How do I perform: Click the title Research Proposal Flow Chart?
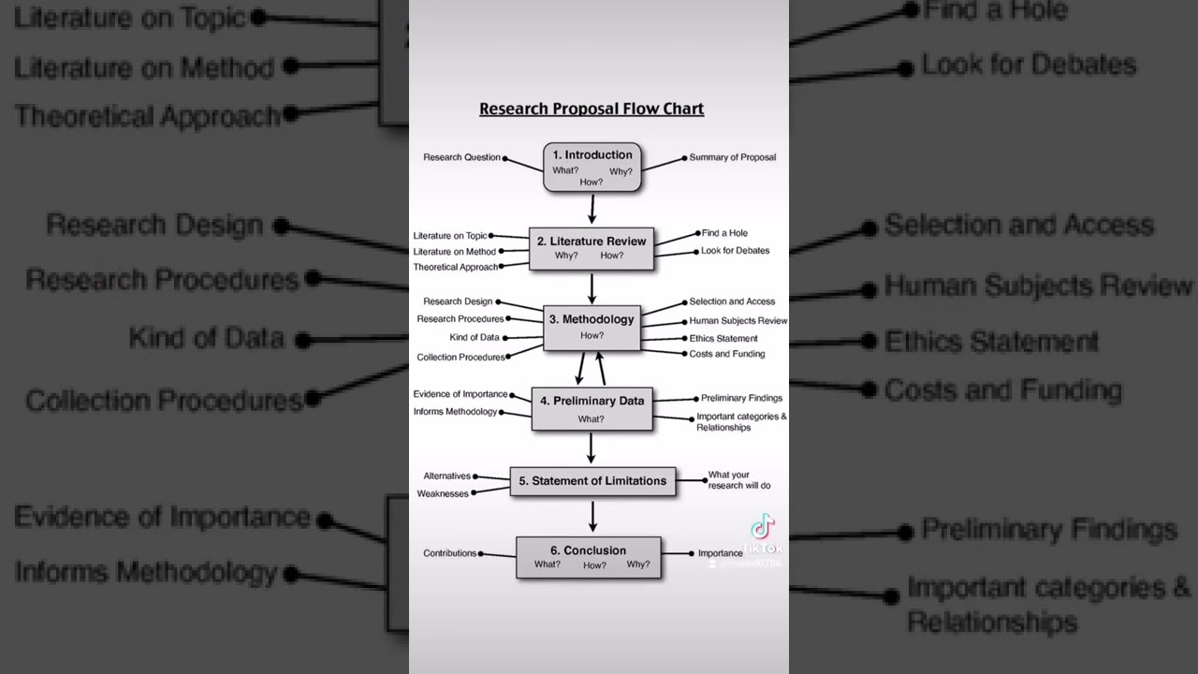click(592, 109)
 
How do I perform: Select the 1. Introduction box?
click(592, 167)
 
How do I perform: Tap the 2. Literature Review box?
click(592, 248)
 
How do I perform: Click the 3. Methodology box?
click(592, 327)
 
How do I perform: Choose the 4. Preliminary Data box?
click(592, 409)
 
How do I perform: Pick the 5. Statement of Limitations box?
click(592, 481)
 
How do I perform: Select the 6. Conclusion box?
click(589, 557)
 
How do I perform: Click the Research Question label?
click(461, 157)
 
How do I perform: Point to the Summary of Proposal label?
click(733, 157)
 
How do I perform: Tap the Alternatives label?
click(446, 476)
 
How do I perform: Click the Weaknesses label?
click(443, 493)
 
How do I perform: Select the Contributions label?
click(449, 553)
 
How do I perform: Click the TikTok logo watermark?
click(763, 528)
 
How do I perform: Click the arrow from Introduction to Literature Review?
click(592, 210)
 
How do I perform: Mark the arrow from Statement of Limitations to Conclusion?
click(592, 517)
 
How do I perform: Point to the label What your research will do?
click(739, 480)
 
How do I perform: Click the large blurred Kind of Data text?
click(207, 338)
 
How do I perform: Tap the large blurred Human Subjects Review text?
click(1038, 285)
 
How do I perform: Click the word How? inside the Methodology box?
click(592, 335)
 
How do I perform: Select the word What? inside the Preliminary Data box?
click(591, 418)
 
